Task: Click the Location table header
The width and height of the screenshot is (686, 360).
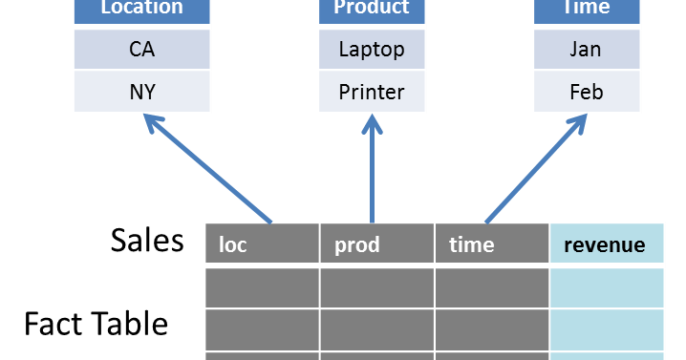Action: (141, 10)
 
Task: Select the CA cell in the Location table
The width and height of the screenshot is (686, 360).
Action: (141, 50)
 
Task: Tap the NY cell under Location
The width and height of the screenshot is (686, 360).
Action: (141, 92)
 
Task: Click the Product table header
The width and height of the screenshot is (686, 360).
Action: (372, 10)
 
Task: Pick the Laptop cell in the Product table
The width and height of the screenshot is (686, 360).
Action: (372, 50)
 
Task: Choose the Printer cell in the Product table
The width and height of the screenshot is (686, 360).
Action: (372, 92)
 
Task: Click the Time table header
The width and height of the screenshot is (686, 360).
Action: (585, 10)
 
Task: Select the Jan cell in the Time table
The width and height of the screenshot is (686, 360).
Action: (585, 50)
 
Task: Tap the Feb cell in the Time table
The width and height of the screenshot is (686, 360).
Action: (585, 92)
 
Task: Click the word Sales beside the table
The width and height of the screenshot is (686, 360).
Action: (146, 240)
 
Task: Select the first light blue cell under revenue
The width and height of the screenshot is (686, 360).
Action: (606, 287)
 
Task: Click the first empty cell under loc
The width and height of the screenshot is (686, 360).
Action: (261, 287)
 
